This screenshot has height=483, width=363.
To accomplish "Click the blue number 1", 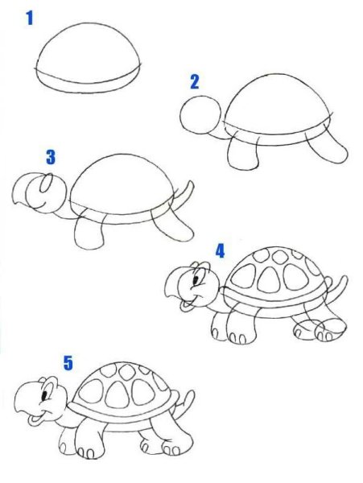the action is click(30, 19).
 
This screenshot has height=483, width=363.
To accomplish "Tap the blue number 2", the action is click(195, 82).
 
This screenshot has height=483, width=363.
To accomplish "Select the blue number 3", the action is click(51, 157).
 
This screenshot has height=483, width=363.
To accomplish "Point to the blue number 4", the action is click(220, 250).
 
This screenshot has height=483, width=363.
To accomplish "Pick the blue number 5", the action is click(68, 362).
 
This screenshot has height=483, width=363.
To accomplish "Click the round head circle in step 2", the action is click(180, 114).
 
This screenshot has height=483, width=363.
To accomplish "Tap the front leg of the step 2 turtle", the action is click(243, 151).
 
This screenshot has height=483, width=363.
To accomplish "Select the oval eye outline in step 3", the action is click(41, 183).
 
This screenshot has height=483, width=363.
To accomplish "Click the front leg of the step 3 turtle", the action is click(89, 233).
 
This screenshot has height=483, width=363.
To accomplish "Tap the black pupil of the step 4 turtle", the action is click(196, 280).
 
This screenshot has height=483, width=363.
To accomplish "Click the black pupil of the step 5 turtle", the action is click(45, 395).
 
